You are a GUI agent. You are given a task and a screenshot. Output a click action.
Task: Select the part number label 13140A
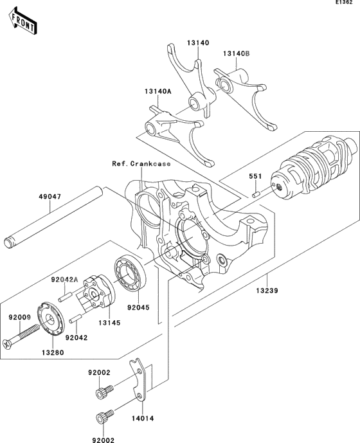[158, 91]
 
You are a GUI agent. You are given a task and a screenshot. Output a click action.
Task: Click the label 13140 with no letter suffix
[198, 42]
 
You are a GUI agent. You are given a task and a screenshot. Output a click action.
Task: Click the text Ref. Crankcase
[132, 164]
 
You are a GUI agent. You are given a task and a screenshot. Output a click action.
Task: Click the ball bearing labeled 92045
[132, 273]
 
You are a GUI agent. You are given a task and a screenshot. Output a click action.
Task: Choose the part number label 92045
[137, 307]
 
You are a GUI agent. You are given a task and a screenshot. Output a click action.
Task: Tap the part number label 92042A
[64, 280]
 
